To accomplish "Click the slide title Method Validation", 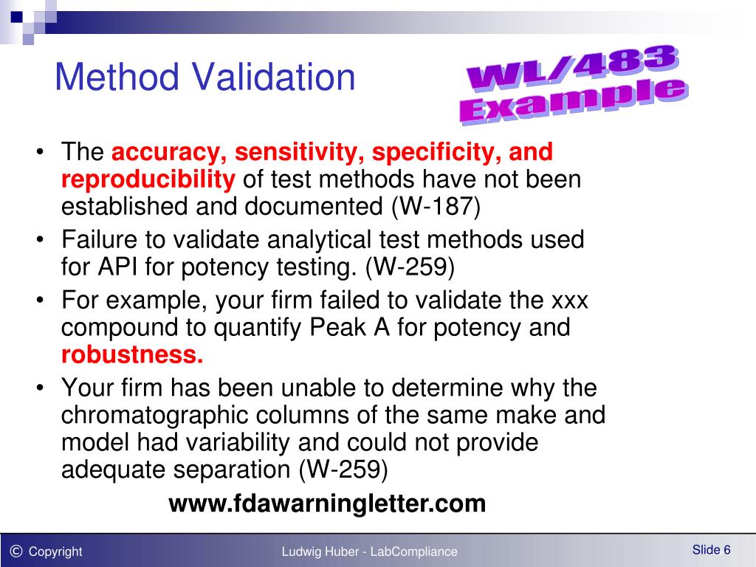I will (x=205, y=78).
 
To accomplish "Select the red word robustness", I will (x=131, y=354).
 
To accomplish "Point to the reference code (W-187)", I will (x=435, y=206).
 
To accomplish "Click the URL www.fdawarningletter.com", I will (x=327, y=504).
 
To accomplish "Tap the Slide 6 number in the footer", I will (x=711, y=549).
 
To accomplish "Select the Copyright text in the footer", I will (x=55, y=551).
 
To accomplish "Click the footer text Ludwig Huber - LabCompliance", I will (x=369, y=551).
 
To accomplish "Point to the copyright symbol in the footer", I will (x=16, y=550).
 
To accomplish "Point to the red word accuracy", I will (x=169, y=152).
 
